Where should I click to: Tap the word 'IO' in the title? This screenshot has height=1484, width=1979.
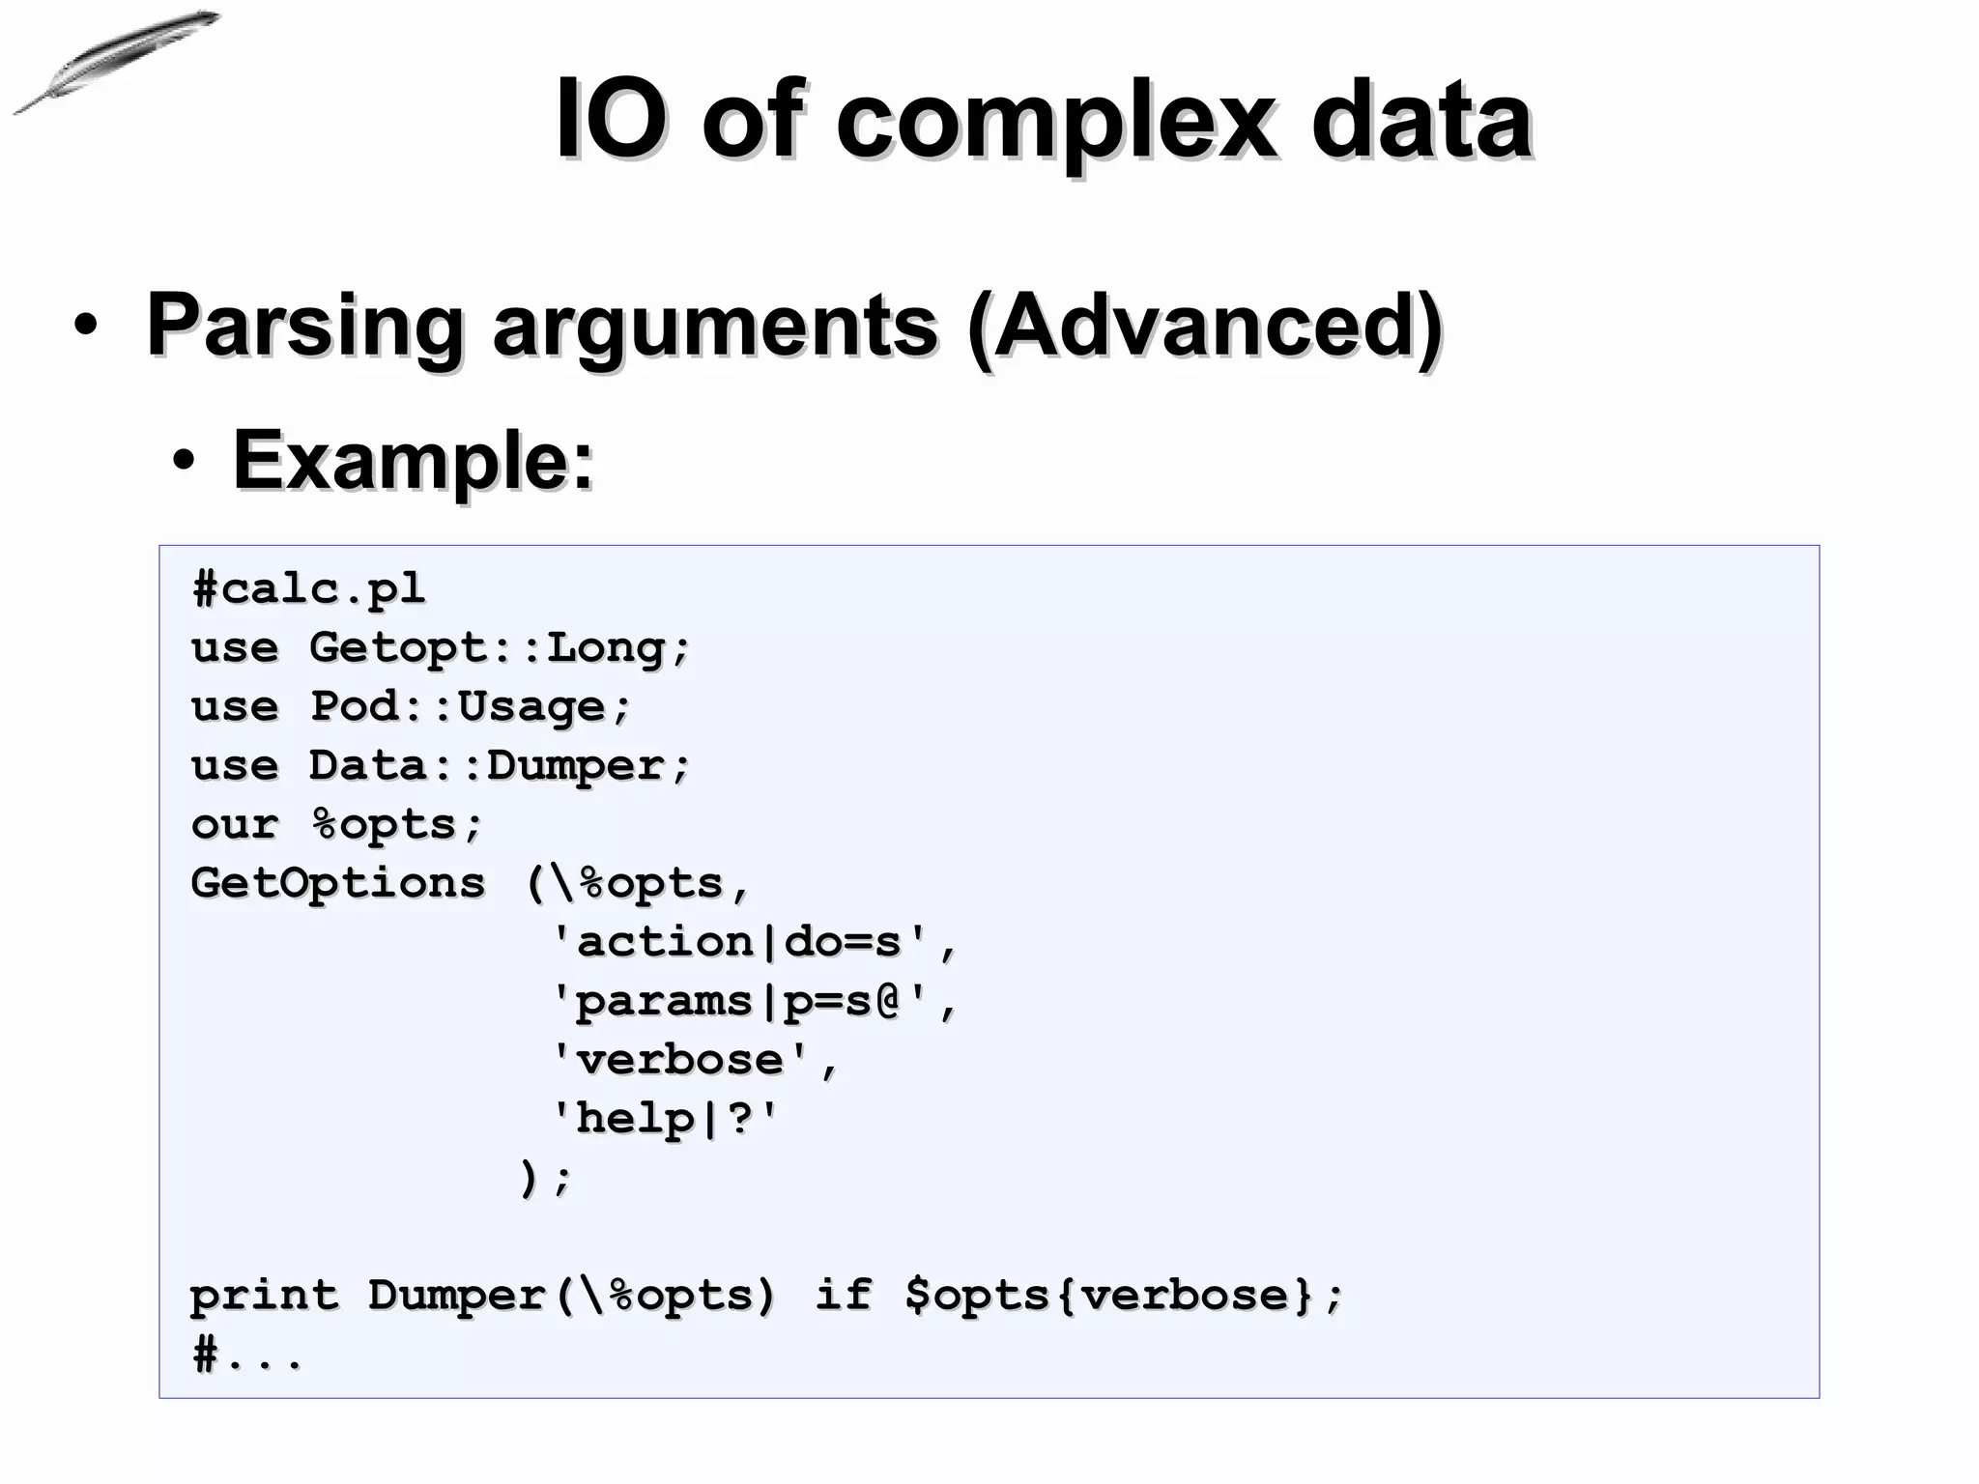click(611, 121)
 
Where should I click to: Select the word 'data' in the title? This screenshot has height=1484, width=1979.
click(1421, 121)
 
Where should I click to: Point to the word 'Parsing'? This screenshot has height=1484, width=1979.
click(304, 327)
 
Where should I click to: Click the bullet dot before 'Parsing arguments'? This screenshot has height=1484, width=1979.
click(85, 327)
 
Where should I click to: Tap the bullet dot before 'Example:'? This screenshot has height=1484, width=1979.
click(184, 463)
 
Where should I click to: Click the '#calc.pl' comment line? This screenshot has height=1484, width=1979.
click(308, 588)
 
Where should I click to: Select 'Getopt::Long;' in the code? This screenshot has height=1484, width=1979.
click(500, 647)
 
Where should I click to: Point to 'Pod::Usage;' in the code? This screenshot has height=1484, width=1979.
click(470, 706)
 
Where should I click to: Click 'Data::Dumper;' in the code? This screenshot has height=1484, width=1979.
click(500, 765)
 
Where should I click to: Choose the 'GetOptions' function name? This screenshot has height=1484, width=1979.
click(337, 883)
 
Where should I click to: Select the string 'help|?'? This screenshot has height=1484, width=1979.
click(664, 1119)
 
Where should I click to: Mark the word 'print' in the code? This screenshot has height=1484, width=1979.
click(264, 1296)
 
